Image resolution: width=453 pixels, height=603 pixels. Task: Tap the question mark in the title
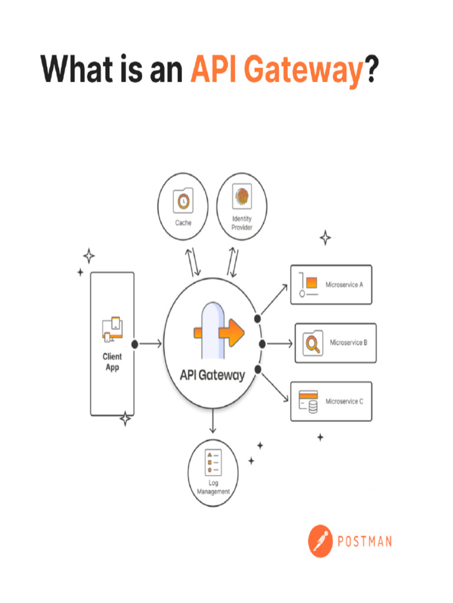click(371, 71)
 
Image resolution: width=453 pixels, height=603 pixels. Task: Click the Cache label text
click(183, 223)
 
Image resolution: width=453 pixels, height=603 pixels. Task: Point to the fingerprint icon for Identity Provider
click(242, 197)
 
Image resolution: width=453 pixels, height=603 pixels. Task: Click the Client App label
click(112, 362)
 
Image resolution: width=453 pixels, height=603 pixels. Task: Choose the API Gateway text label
click(212, 375)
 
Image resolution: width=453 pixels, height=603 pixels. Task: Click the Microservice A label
click(344, 284)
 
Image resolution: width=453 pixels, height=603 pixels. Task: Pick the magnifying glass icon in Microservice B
click(312, 343)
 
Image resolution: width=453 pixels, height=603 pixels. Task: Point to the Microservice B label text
click(349, 342)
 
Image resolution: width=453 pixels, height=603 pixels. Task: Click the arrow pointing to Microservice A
click(274, 299)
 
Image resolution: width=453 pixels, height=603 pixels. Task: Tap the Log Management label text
click(213, 488)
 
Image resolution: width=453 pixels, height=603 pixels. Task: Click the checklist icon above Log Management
click(212, 462)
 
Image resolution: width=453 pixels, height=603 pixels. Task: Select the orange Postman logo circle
click(321, 541)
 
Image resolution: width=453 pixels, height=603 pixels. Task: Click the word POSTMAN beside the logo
click(364, 541)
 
